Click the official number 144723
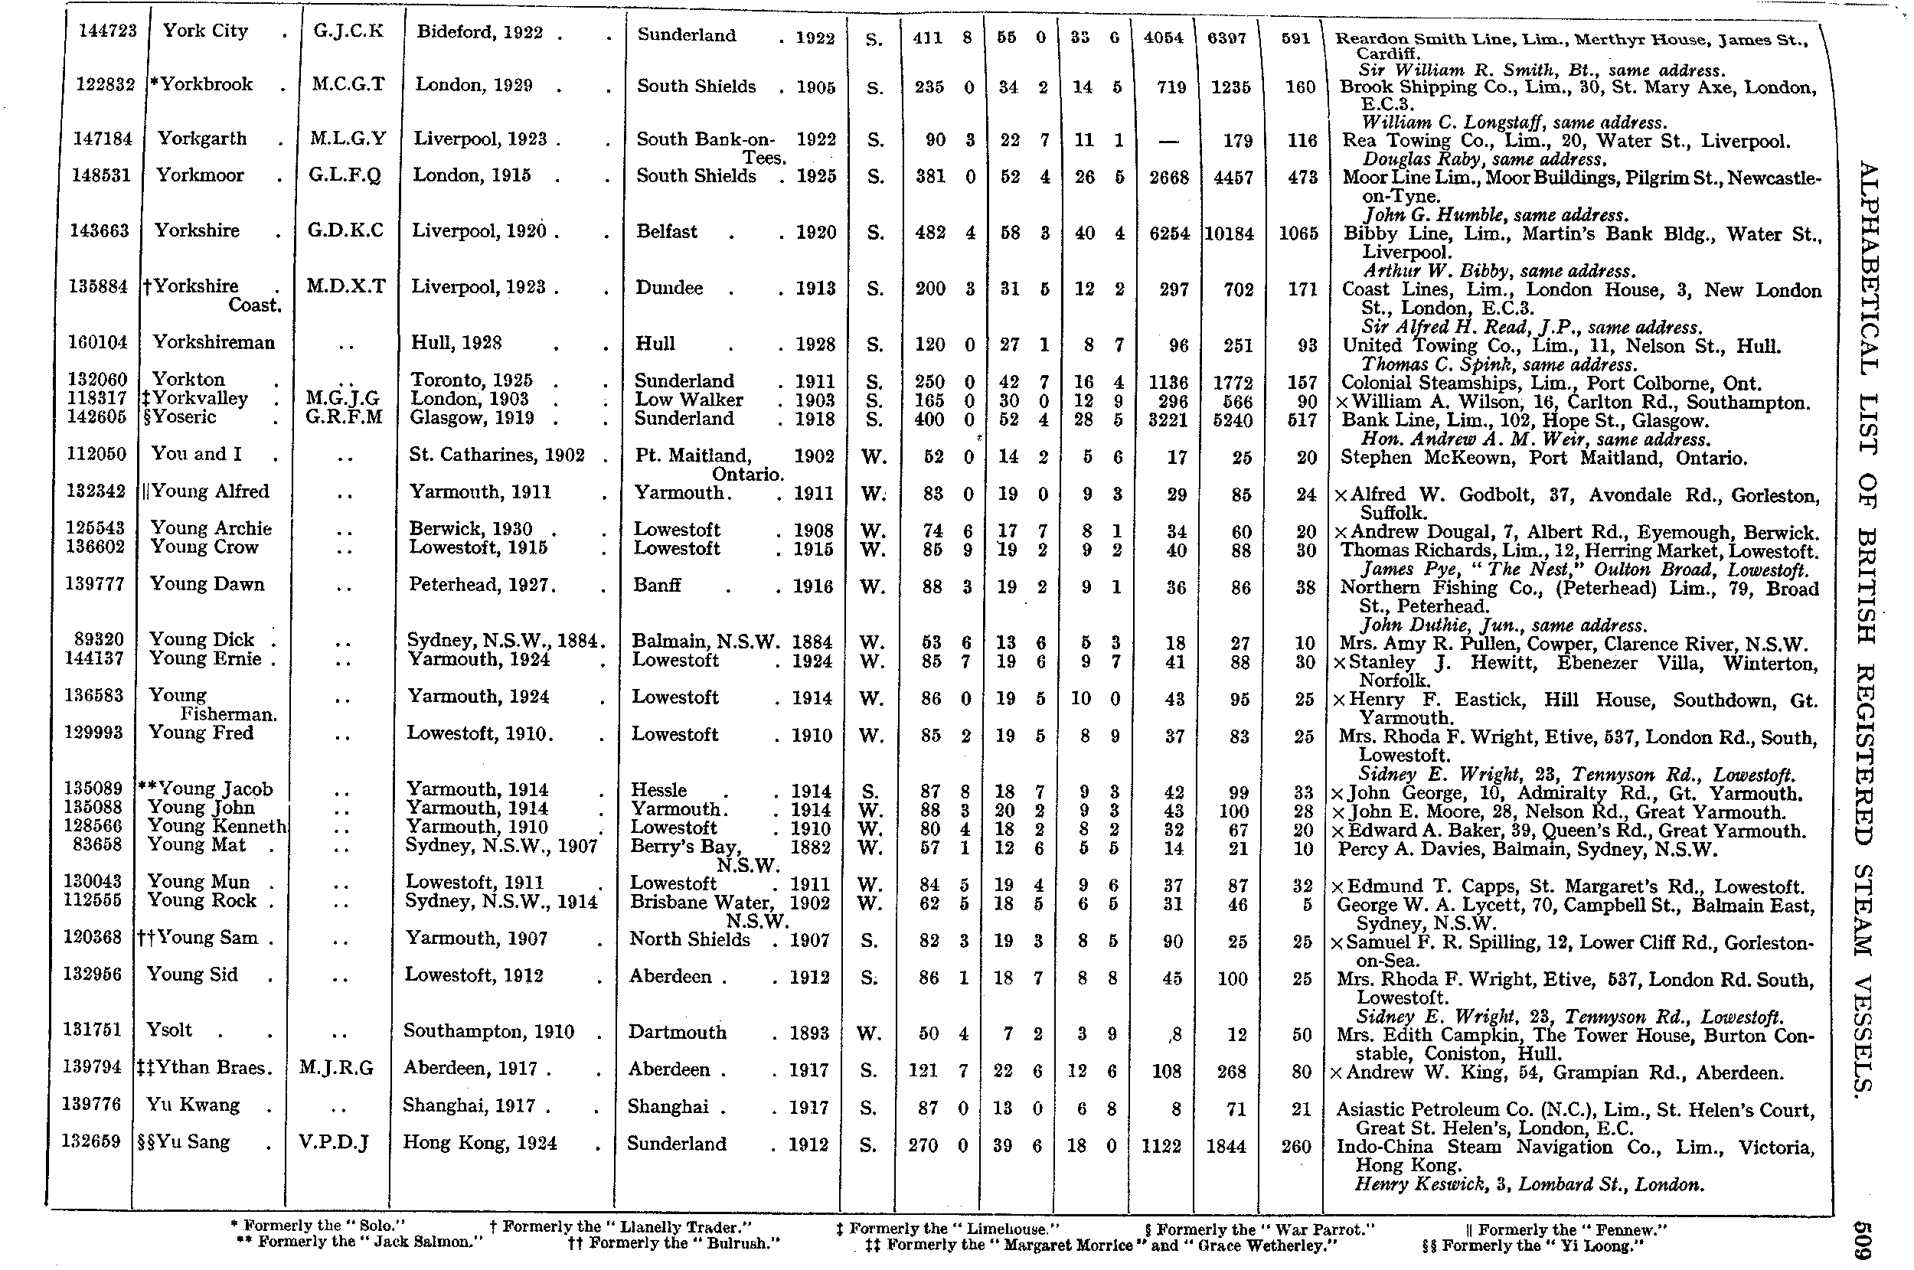[108, 31]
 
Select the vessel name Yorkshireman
[214, 343]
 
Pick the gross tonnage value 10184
[1229, 234]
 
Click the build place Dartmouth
[677, 1032]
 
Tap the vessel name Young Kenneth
[217, 826]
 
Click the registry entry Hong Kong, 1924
[480, 1143]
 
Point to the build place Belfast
[667, 232]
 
